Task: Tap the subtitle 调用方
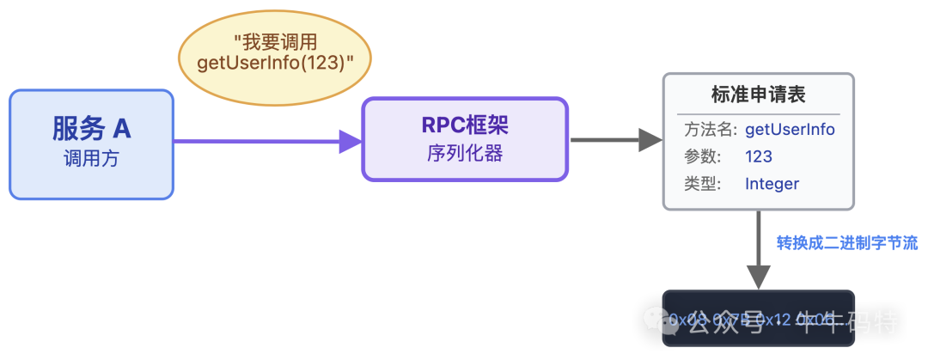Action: (x=92, y=159)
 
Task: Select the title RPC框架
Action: (x=465, y=125)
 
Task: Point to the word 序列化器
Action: (x=465, y=154)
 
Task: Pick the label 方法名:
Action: (x=711, y=130)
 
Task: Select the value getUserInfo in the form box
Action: (x=790, y=130)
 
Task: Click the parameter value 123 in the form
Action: (x=759, y=156)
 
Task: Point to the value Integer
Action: (x=772, y=183)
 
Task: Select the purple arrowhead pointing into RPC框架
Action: (x=350, y=141)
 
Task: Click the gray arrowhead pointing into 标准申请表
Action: (x=650, y=139)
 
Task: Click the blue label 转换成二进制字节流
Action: (x=847, y=243)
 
